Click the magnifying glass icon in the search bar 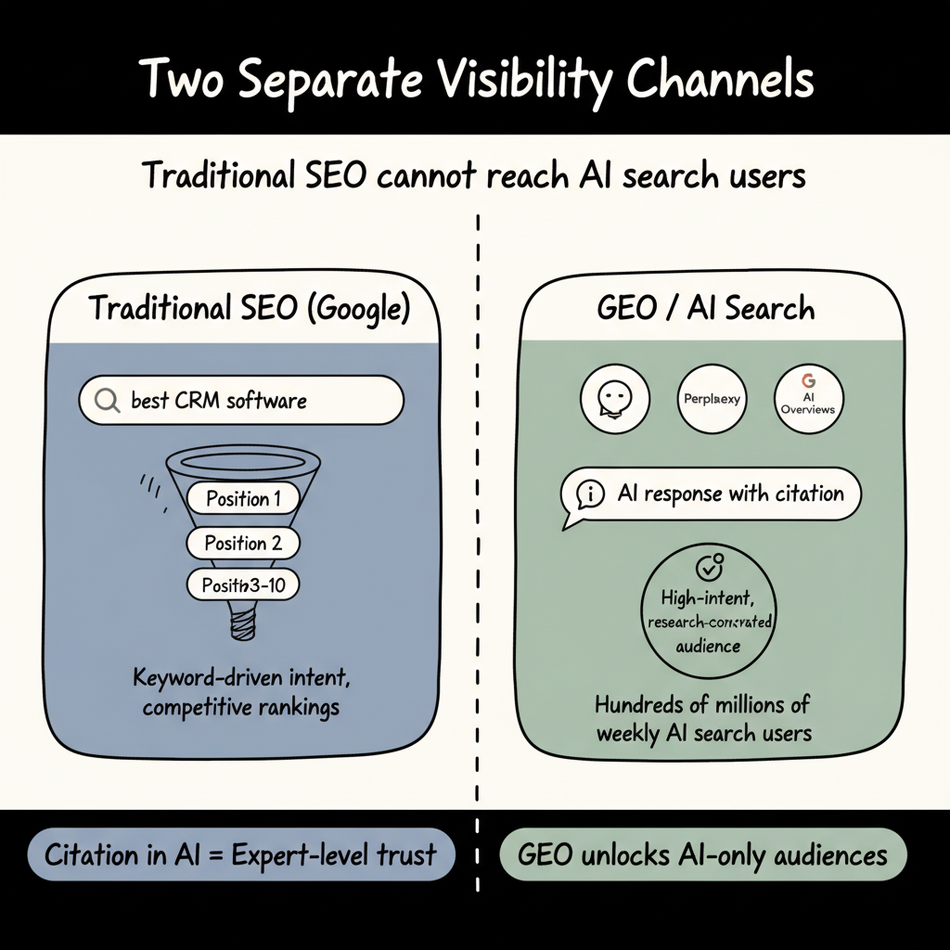[x=108, y=402]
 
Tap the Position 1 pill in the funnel [x=243, y=499]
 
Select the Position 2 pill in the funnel [x=243, y=543]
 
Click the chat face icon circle [x=613, y=399]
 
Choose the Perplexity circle [x=712, y=399]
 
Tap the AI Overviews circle [x=808, y=399]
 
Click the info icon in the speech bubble [x=590, y=494]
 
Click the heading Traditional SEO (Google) [x=249, y=308]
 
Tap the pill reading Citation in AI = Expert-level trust [x=240, y=855]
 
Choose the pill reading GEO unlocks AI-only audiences [x=702, y=855]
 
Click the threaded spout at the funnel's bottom [x=243, y=620]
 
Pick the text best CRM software [x=219, y=402]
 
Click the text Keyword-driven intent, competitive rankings [x=243, y=692]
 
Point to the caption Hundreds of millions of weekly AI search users [x=704, y=717]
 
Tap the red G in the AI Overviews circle [x=807, y=380]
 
